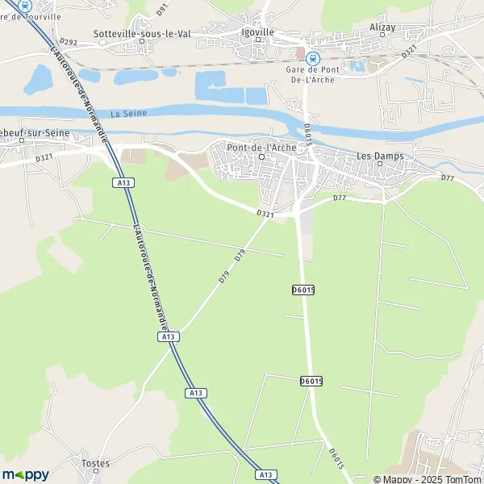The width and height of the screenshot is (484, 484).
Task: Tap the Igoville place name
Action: [x=258, y=32]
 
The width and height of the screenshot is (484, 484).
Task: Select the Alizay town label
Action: [x=383, y=27]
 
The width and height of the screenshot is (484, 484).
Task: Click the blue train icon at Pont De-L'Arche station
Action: [x=314, y=57]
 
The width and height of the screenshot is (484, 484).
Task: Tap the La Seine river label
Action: [x=129, y=114]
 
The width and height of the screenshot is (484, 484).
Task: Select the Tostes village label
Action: [x=95, y=463]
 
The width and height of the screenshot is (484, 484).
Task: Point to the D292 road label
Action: [x=69, y=42]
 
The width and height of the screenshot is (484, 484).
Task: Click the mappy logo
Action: [x=25, y=474]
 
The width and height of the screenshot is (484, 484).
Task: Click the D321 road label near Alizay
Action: [x=410, y=49]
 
